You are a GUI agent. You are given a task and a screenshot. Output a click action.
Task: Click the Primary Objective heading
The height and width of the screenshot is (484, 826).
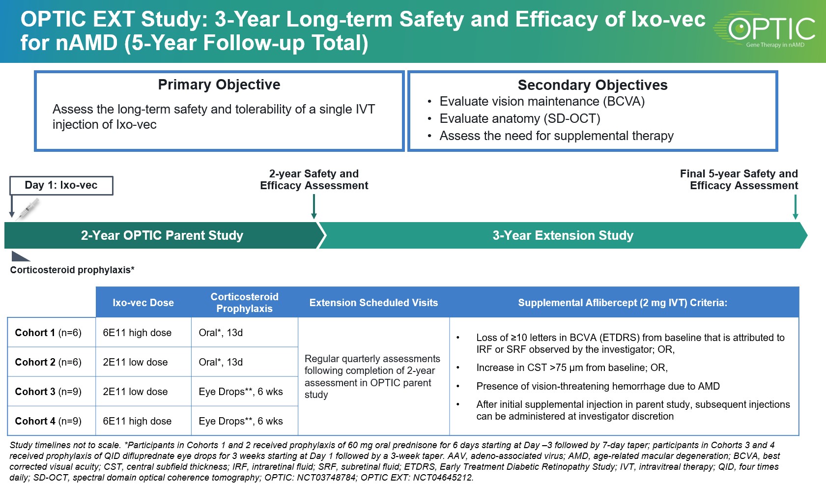(219, 85)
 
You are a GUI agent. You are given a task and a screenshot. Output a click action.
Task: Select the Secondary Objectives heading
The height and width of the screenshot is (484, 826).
(592, 85)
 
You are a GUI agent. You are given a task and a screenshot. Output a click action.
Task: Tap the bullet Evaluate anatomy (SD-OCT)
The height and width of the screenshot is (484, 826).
(519, 118)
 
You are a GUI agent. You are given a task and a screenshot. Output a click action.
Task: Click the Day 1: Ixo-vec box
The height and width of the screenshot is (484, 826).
(61, 185)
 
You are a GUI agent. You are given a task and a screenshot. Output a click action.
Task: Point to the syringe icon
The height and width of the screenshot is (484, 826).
(28, 209)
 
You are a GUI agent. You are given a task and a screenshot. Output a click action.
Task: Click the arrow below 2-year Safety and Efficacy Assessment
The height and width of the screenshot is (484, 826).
(314, 206)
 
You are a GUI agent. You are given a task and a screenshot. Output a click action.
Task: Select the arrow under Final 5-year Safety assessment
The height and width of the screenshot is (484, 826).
(795, 207)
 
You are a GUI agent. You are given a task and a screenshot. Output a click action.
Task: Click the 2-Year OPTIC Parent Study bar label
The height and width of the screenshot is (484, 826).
(162, 235)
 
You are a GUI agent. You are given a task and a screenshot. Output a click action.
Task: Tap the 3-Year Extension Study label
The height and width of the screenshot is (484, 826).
(563, 235)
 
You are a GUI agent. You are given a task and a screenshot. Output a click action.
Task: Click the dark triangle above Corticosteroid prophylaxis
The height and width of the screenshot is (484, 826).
(20, 256)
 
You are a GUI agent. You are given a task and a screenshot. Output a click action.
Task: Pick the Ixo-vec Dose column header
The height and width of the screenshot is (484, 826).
(143, 303)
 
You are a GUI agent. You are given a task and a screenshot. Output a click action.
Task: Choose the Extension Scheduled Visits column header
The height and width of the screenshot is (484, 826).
(373, 303)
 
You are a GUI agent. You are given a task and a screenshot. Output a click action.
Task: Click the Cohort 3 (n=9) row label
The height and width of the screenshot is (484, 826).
(48, 392)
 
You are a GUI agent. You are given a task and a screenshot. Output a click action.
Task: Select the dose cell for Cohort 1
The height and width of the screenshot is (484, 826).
(137, 333)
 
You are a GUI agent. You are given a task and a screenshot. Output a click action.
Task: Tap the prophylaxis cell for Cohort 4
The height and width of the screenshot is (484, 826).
(240, 421)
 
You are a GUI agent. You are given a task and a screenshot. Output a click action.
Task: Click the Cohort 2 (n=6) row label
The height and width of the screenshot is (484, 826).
(48, 362)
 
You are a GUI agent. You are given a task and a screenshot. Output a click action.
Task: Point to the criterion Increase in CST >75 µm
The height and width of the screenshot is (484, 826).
(571, 368)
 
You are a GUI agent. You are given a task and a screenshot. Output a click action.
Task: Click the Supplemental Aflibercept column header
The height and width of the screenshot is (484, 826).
(622, 303)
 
